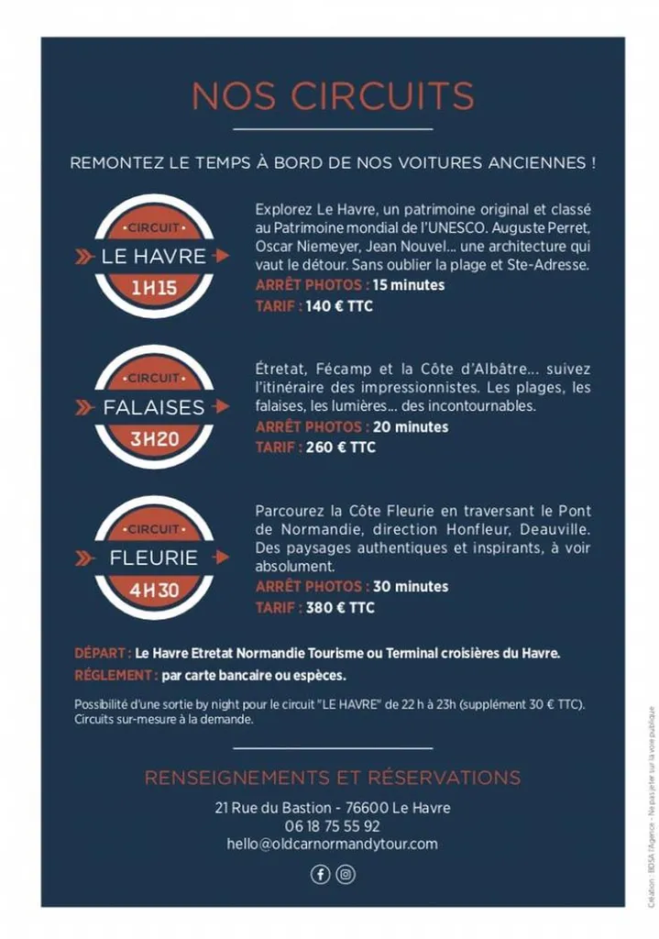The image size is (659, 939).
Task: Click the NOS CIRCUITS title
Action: point(333,95)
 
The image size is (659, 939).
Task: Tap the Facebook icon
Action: point(320,874)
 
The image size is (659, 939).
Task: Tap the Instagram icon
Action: point(346,874)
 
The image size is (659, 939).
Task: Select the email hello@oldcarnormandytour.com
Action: point(333,844)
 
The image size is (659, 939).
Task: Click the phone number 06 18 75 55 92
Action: point(333,825)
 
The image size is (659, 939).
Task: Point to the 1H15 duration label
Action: point(153,289)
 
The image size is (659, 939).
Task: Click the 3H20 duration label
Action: point(154,439)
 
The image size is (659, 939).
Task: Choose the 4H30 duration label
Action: point(154,590)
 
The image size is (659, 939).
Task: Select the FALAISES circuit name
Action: point(154,407)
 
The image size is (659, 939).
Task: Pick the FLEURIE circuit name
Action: point(154,558)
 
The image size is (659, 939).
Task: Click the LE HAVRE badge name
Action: point(154,257)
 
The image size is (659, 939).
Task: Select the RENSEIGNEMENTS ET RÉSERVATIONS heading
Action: point(333,778)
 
